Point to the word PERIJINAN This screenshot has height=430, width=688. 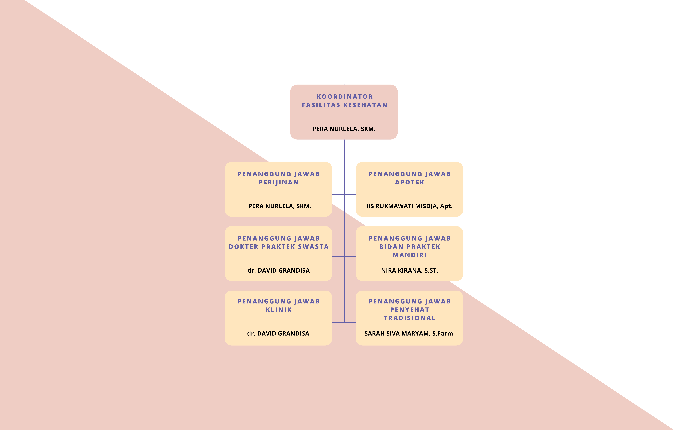(x=279, y=182)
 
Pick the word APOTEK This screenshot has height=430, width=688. (x=410, y=182)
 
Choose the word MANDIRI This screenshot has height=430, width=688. (x=410, y=255)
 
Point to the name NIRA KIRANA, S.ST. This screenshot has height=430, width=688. (x=410, y=270)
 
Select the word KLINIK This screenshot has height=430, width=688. (x=279, y=310)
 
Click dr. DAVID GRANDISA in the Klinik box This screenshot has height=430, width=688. (x=278, y=333)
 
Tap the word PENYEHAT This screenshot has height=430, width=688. (x=410, y=310)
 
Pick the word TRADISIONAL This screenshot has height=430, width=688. (x=410, y=318)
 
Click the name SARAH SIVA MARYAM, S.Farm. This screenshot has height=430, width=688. (x=410, y=333)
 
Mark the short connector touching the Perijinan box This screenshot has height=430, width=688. (x=338, y=195)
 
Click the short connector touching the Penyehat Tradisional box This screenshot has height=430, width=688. (x=350, y=322)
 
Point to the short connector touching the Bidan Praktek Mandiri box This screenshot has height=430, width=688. (x=350, y=257)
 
